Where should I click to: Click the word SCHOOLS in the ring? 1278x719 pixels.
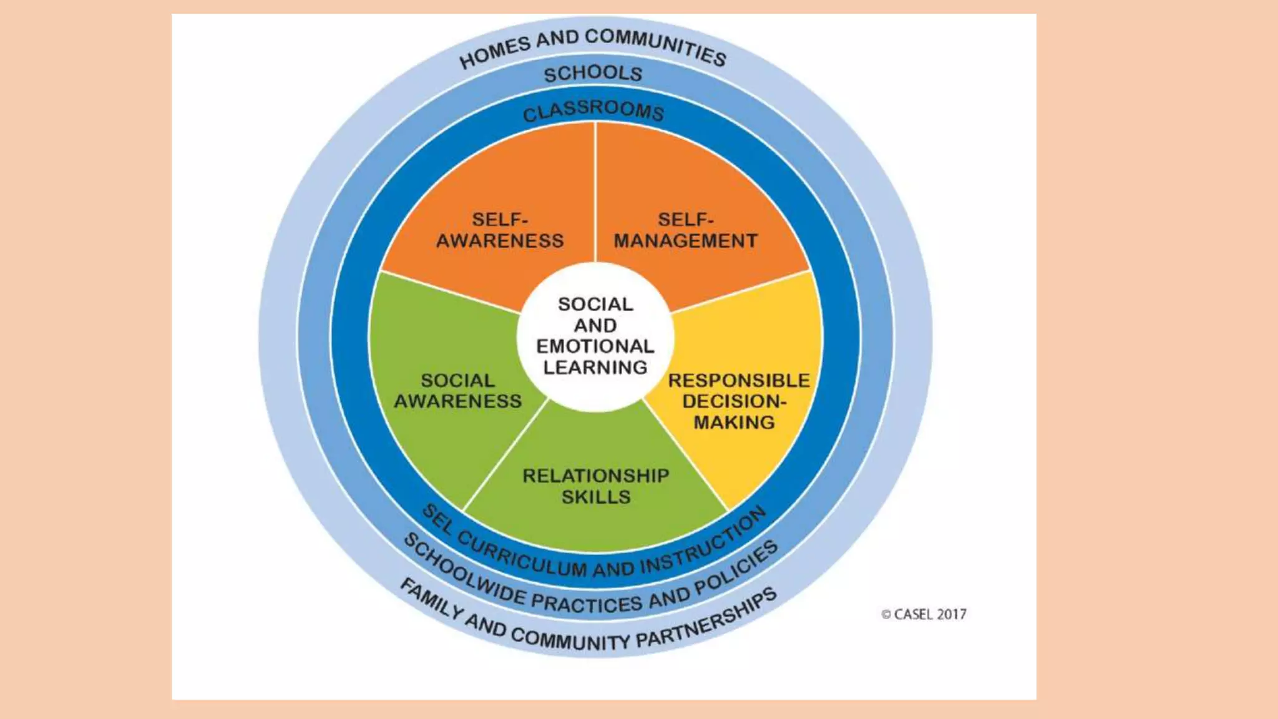point(593,74)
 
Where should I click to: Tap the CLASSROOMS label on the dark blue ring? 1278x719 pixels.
point(593,110)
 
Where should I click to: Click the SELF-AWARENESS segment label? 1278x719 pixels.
point(500,230)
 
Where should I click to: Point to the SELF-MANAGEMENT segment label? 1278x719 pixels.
point(685,230)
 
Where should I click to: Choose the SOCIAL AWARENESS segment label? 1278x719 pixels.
point(458,391)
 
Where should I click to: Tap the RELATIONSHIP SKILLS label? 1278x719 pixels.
point(596,486)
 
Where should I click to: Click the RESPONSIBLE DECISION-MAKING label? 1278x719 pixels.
point(738,401)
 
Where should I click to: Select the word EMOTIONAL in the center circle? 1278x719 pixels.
point(595,346)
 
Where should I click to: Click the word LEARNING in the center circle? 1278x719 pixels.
point(595,368)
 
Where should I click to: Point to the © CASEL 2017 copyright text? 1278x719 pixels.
point(924,615)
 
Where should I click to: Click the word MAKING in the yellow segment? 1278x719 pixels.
point(734,423)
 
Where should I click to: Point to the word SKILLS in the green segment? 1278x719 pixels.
point(596,497)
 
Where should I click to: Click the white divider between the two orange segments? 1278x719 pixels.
point(595,193)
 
